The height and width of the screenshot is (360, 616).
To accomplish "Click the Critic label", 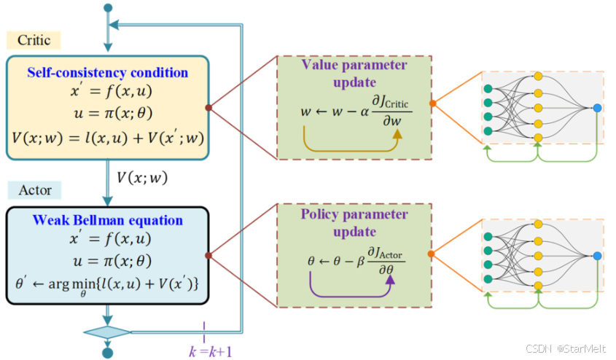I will pyautogui.click(x=34, y=40).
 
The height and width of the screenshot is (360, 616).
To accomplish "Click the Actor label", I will pyautogui.click(x=34, y=190).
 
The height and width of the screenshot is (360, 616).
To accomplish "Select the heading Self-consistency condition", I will pyautogui.click(x=108, y=73).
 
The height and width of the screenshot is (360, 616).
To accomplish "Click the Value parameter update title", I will pyautogui.click(x=354, y=73).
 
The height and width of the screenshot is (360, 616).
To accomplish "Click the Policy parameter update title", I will pyautogui.click(x=354, y=223).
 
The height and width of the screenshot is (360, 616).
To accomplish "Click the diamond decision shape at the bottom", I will pyautogui.click(x=108, y=332).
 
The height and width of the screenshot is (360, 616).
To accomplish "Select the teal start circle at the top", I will pyautogui.click(x=109, y=8).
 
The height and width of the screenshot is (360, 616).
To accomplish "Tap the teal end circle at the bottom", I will pyautogui.click(x=108, y=353).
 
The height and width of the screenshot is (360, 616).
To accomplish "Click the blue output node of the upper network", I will pyautogui.click(x=597, y=108).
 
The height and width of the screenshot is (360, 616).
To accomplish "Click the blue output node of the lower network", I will pyautogui.click(x=597, y=256).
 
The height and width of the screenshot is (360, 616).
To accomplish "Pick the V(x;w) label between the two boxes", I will pyautogui.click(x=141, y=176).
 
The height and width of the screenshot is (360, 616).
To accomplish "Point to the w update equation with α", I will pyautogui.click(x=356, y=111).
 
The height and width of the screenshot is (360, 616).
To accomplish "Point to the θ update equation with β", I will pyautogui.click(x=356, y=259).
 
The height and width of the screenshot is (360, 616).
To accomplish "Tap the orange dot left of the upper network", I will pyautogui.click(x=432, y=103).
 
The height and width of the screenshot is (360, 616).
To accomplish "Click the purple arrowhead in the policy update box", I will pyautogui.click(x=389, y=278).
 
